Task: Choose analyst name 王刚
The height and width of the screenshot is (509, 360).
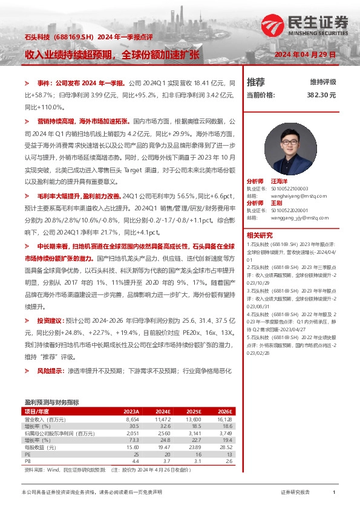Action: (276, 203)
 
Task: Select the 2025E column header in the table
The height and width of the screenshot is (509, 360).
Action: (192, 411)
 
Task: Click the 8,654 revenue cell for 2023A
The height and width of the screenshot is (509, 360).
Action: (133, 419)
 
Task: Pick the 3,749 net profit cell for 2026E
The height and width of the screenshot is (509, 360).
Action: (224, 432)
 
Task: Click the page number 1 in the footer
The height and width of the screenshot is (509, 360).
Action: (334, 493)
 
